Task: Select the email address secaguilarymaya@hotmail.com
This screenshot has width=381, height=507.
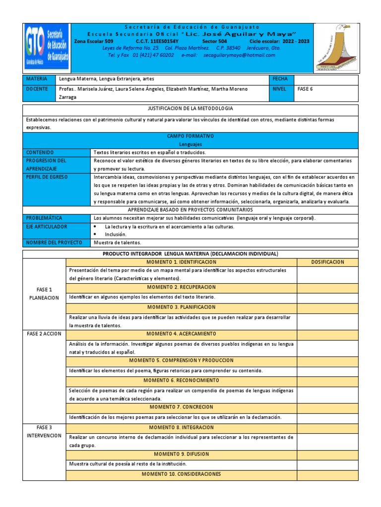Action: [x=238, y=55]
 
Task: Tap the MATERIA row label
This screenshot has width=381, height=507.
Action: [x=36, y=79]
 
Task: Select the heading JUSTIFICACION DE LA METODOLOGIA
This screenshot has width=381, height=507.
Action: [x=190, y=108]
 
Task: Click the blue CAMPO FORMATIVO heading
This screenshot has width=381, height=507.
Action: [x=190, y=135]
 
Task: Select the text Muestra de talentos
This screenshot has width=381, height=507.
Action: [x=118, y=243]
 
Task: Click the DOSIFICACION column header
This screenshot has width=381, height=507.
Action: [x=327, y=262]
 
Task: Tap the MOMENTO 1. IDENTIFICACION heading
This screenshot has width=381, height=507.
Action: [x=181, y=262]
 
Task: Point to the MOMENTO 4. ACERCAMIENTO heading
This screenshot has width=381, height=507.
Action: [x=181, y=334]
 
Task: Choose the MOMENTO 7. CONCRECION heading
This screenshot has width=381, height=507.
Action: [x=181, y=407]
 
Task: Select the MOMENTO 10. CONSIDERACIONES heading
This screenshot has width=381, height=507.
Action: [x=181, y=474]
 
